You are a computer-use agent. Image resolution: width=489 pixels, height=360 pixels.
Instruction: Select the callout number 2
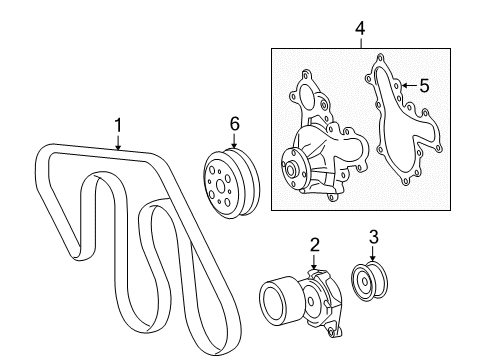[x=314, y=243]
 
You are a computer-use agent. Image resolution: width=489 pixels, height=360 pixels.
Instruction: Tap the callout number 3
[x=374, y=237]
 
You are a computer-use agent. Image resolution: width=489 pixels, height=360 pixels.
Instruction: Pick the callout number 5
[x=424, y=87]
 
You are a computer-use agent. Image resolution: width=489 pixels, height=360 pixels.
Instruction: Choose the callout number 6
[x=235, y=123]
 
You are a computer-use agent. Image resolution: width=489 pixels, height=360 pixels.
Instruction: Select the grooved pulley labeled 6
[x=226, y=181]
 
